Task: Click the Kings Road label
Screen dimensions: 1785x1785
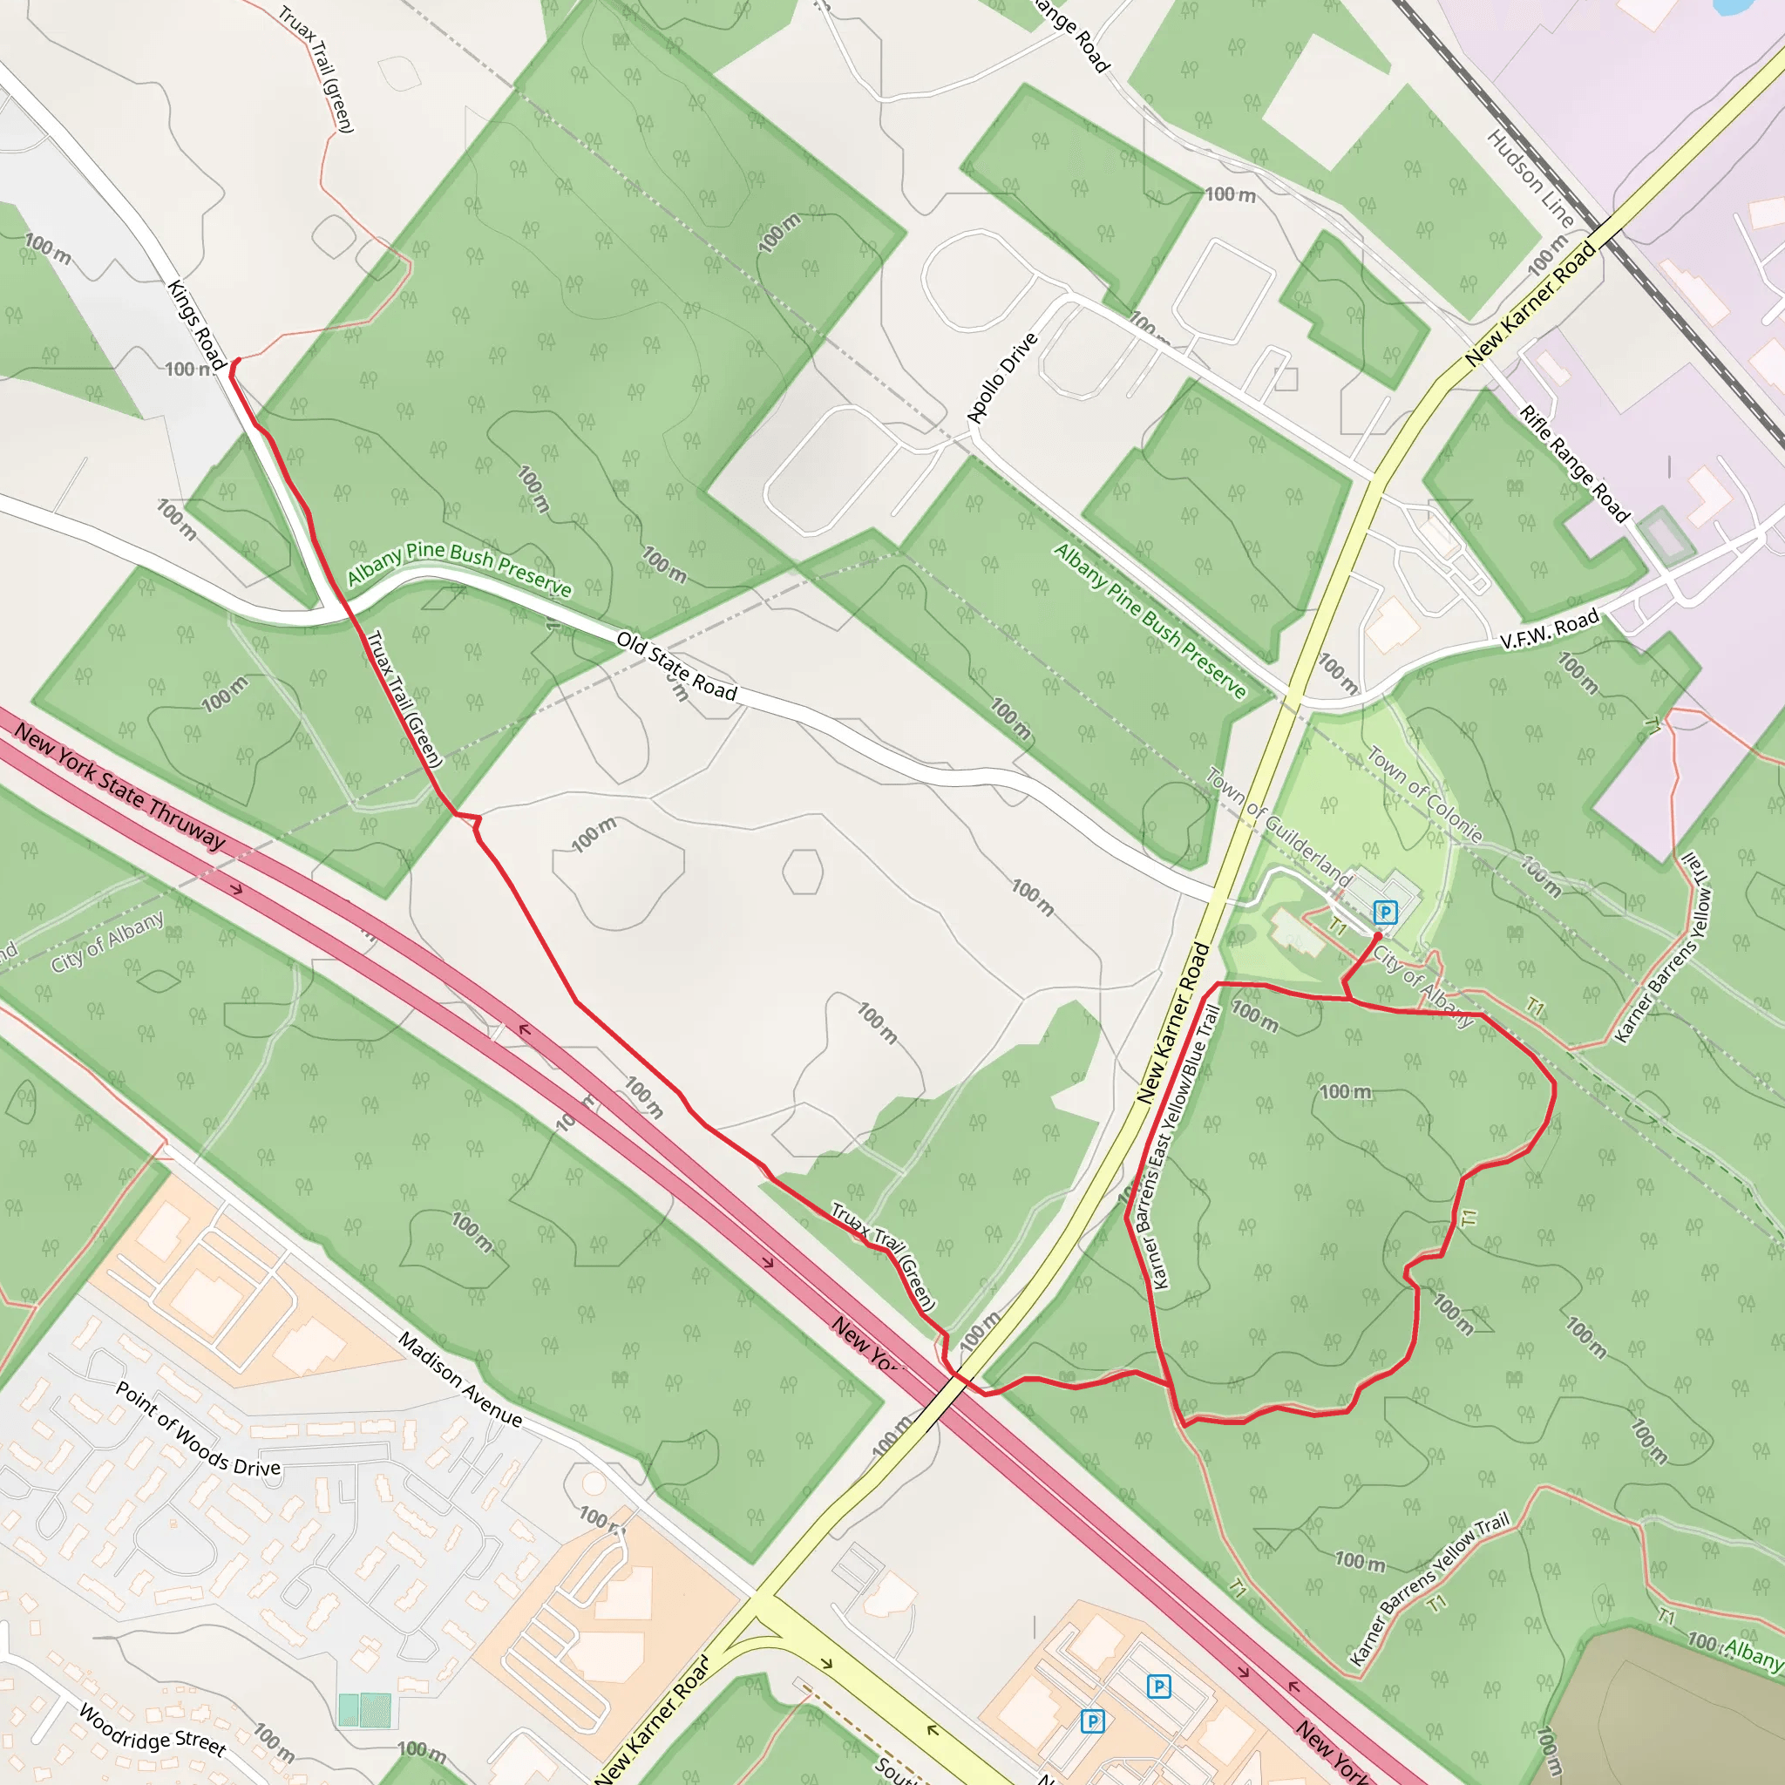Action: pos(197,324)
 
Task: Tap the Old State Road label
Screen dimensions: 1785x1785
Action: pos(676,666)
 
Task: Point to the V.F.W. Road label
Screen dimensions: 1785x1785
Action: pos(1550,629)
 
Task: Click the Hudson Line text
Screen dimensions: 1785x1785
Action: pos(1530,179)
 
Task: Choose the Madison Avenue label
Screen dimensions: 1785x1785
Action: pos(460,1379)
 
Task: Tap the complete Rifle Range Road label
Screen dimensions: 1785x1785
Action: pos(1574,464)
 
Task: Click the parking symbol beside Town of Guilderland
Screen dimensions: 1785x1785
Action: pos(1384,913)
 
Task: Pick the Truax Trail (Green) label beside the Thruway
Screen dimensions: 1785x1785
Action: pos(883,1256)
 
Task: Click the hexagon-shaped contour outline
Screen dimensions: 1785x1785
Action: pos(802,872)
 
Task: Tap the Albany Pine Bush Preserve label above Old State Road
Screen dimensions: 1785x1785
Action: pos(459,567)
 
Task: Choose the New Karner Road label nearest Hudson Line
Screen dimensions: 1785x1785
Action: pos(1530,303)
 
